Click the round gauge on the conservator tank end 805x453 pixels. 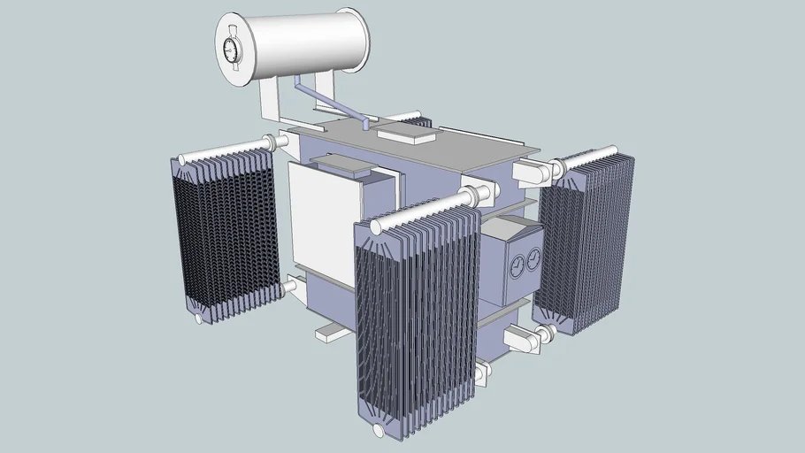click(233, 50)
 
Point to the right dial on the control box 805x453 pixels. click(533, 259)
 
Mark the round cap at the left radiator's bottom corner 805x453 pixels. click(199, 317)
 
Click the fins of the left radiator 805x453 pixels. click(226, 234)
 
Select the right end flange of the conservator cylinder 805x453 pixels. click(354, 40)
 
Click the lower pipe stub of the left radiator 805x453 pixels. click(289, 286)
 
